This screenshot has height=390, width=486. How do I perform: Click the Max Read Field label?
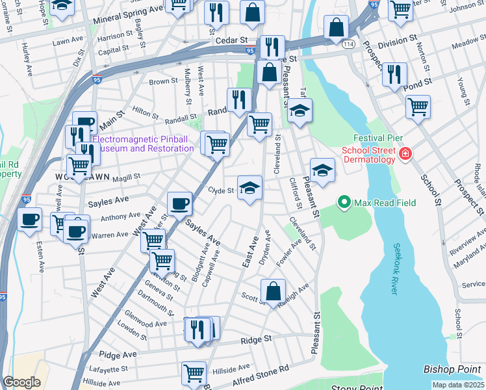click(385, 203)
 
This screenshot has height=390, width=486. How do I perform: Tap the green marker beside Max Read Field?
click(344, 203)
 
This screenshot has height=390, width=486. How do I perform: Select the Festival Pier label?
click(378, 138)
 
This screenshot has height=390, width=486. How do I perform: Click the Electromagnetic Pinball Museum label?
click(143, 144)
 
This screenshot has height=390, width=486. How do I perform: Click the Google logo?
click(21, 382)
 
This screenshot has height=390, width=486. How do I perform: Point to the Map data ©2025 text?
click(458, 385)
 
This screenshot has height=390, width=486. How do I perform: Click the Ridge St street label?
click(255, 339)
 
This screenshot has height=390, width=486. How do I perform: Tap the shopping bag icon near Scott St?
click(274, 291)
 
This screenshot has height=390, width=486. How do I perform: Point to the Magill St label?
click(126, 177)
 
